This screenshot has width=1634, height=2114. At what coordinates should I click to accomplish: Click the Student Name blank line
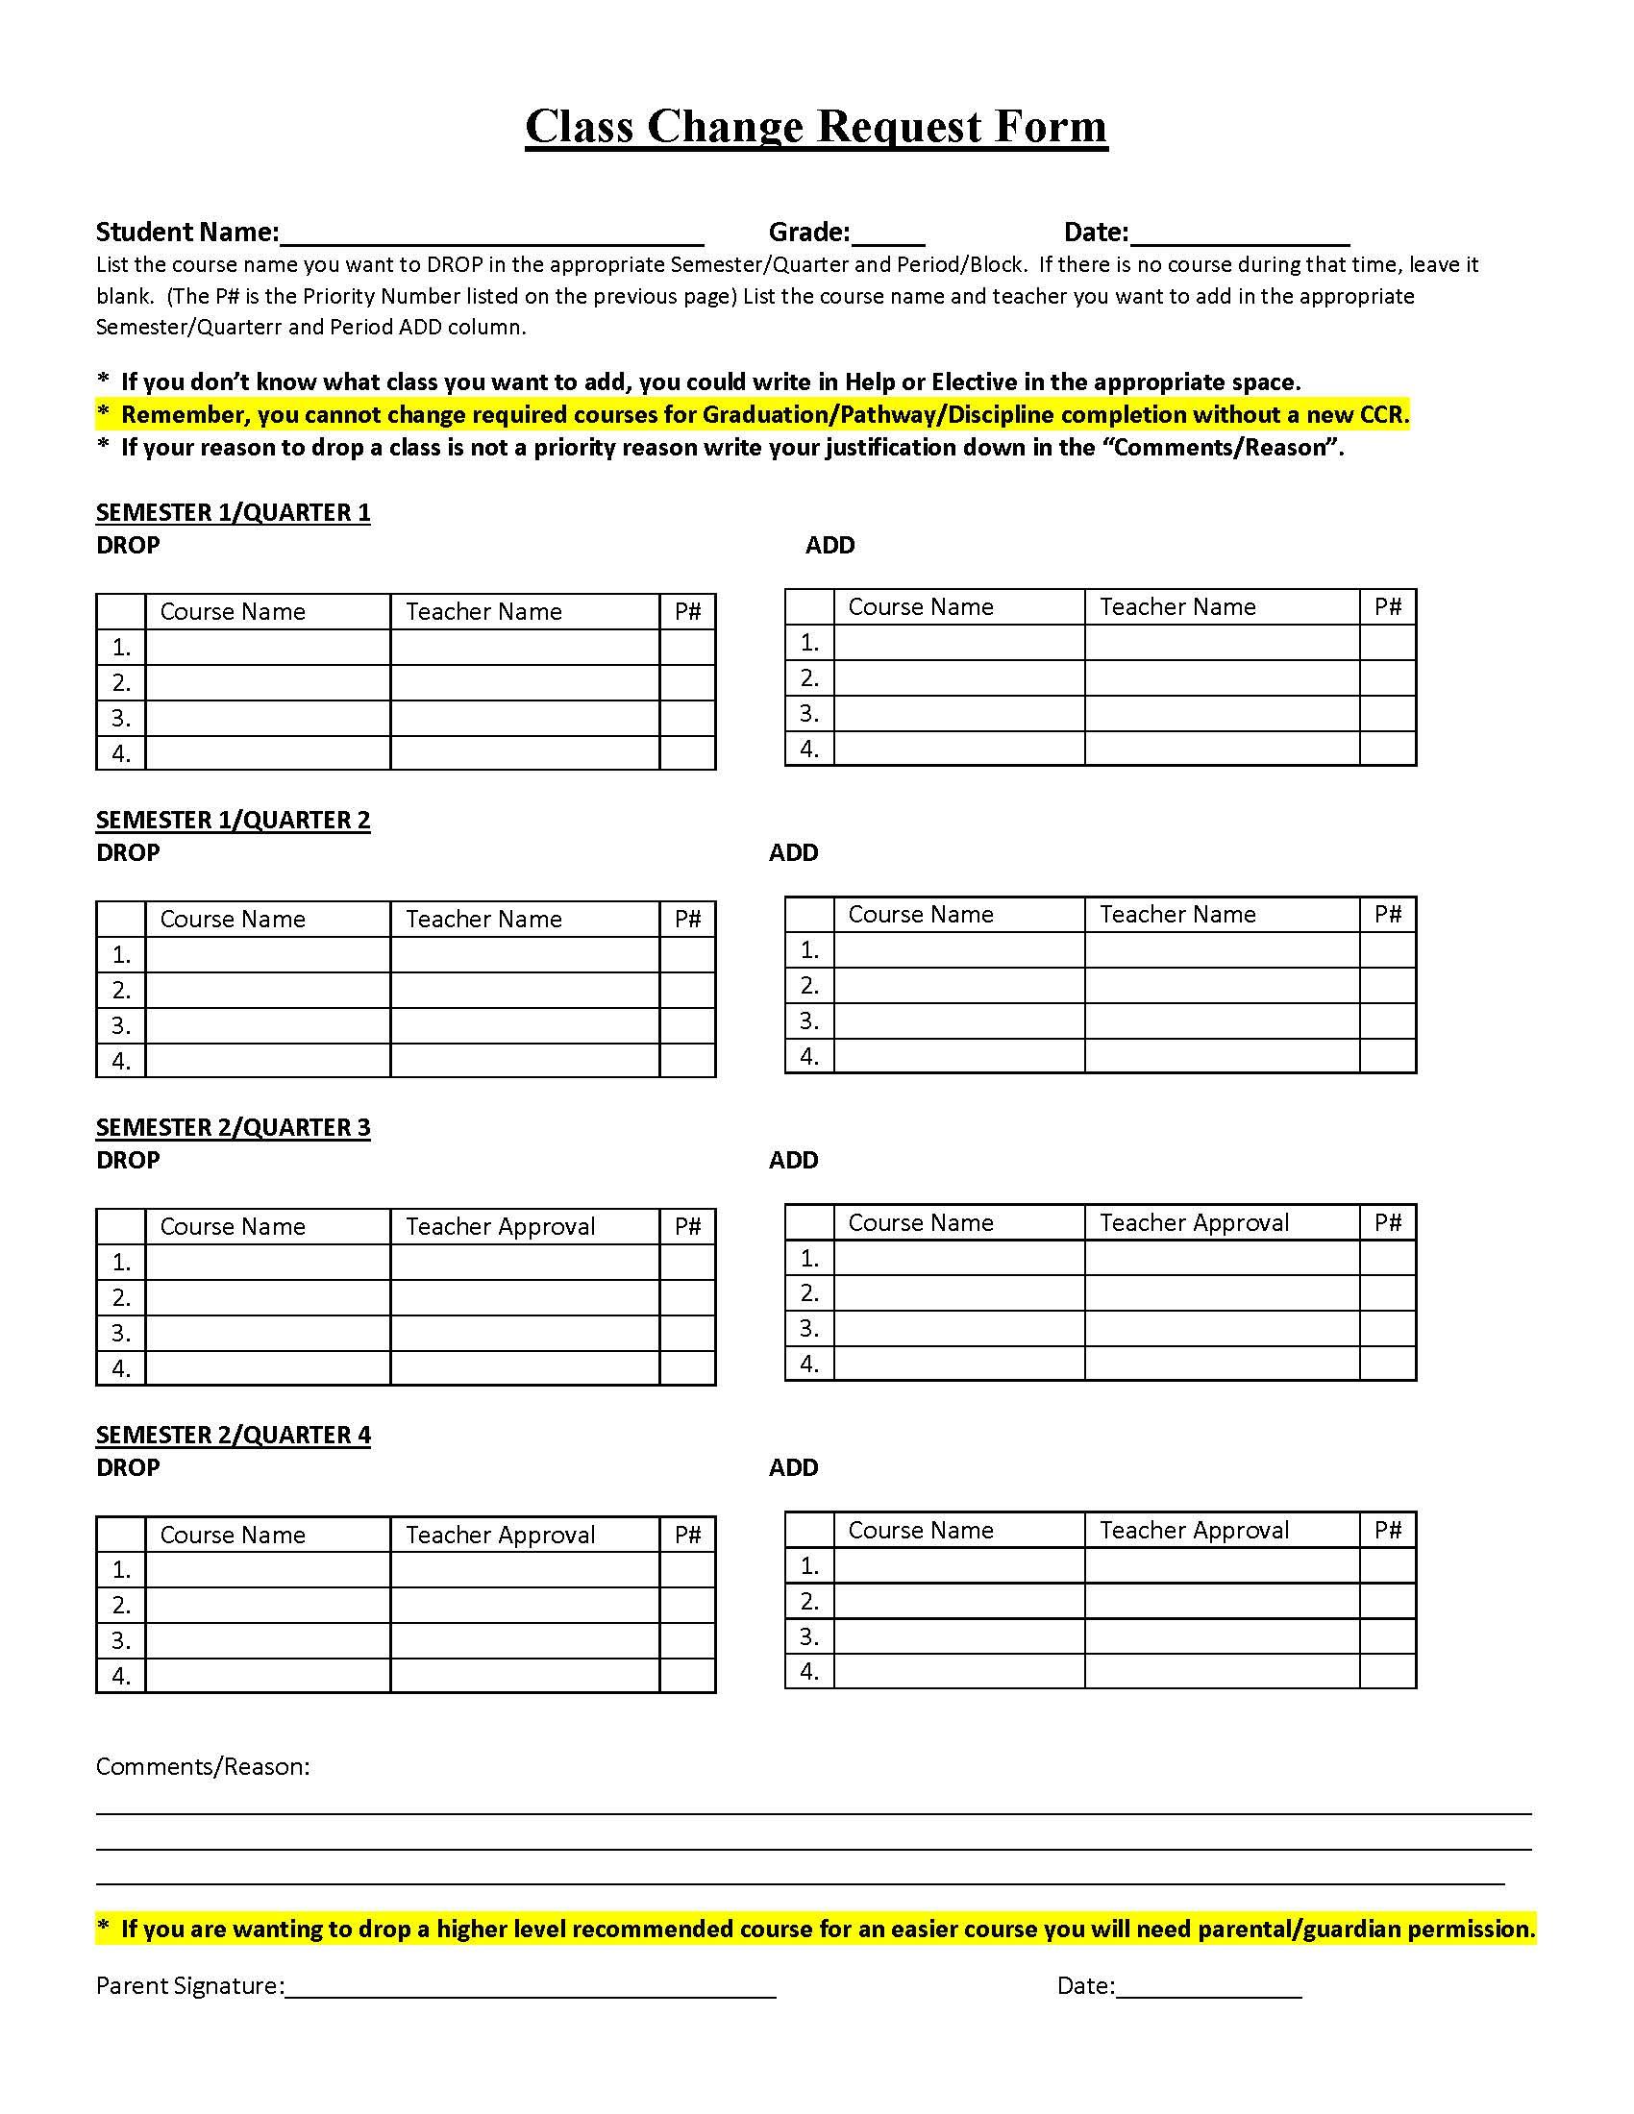pos(491,235)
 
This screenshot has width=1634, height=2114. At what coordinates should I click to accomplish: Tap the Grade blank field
pos(888,235)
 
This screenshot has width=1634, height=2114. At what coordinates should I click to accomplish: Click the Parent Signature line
pos(531,1988)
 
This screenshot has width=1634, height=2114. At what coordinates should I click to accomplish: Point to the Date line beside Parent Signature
pos(1208,1988)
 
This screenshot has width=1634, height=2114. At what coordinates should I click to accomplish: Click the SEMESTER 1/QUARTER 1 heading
pos(233,512)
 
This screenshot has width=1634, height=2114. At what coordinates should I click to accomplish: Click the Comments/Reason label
pos(202,1766)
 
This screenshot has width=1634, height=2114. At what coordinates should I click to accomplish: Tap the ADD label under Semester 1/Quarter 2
pos(793,852)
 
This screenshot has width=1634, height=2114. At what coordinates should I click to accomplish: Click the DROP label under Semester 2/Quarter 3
pos(128,1160)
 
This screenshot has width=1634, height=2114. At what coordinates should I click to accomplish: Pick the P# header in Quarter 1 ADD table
pos(1387,607)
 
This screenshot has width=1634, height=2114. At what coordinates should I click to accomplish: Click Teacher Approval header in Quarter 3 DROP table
pos(500,1226)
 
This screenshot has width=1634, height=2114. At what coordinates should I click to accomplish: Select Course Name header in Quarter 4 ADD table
pos(921,1531)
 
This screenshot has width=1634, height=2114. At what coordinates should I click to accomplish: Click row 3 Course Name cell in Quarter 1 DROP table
pos(268,718)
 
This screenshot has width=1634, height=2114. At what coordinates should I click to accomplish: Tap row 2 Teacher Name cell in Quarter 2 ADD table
pos(1222,985)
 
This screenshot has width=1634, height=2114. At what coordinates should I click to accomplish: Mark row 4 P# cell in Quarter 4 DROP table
pos(687,1676)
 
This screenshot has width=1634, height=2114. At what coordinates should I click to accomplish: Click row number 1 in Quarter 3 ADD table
pos(809,1259)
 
